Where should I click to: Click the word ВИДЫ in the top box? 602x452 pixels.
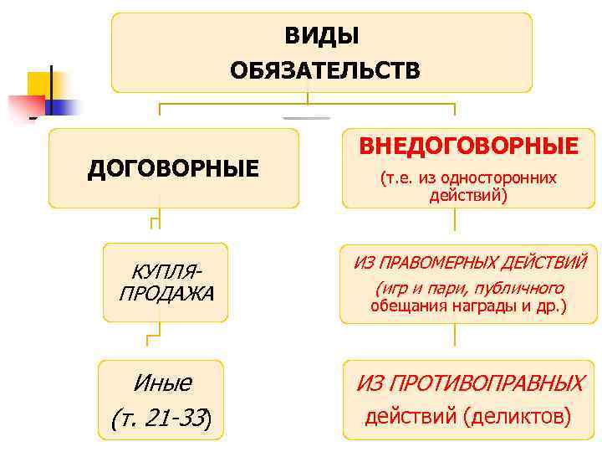(x=322, y=36)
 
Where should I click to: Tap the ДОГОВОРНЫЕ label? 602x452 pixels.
(x=173, y=169)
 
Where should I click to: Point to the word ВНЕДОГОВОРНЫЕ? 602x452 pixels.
(x=468, y=146)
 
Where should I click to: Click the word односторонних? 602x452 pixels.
(x=507, y=178)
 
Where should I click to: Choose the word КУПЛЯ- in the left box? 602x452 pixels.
(x=166, y=273)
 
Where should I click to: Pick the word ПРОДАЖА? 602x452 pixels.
(x=166, y=294)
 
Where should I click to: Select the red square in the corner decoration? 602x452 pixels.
(x=25, y=105)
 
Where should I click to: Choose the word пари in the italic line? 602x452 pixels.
(x=430, y=289)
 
